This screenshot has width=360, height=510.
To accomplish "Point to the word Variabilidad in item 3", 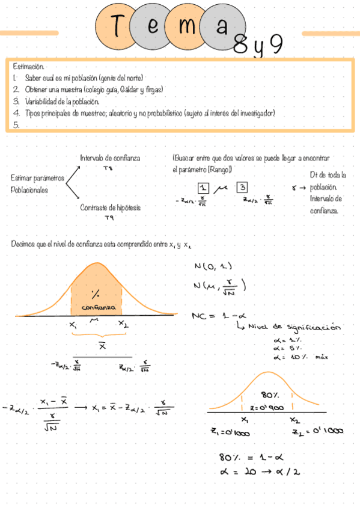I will pos(41,101).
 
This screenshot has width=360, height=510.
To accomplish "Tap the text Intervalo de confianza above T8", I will pos(110,158).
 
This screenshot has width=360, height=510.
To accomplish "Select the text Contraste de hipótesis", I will pos(111,207).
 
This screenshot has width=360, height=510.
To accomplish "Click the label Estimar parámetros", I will pos(37,178).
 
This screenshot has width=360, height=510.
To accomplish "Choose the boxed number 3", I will pos(242,186).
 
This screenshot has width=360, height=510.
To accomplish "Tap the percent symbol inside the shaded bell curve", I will pos(95,294).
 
